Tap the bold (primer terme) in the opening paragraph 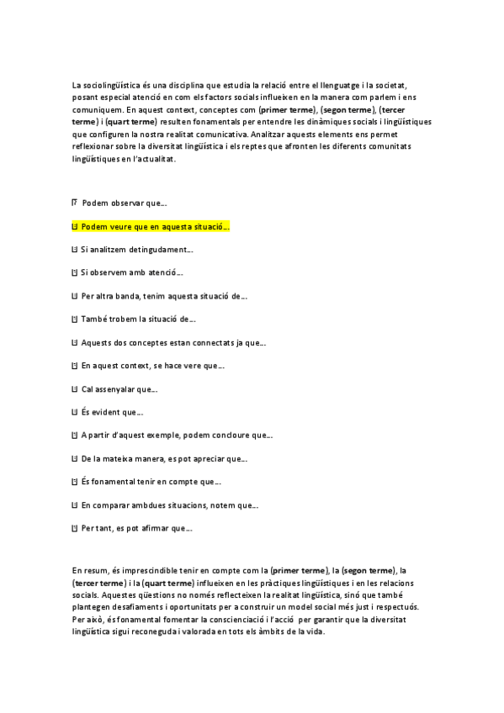[x=289, y=109]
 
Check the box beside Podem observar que [x=75, y=203]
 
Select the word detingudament [x=160, y=250]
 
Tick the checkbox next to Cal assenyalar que [x=75, y=388]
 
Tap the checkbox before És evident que [x=75, y=412]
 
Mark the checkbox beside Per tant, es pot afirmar [x=75, y=528]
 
